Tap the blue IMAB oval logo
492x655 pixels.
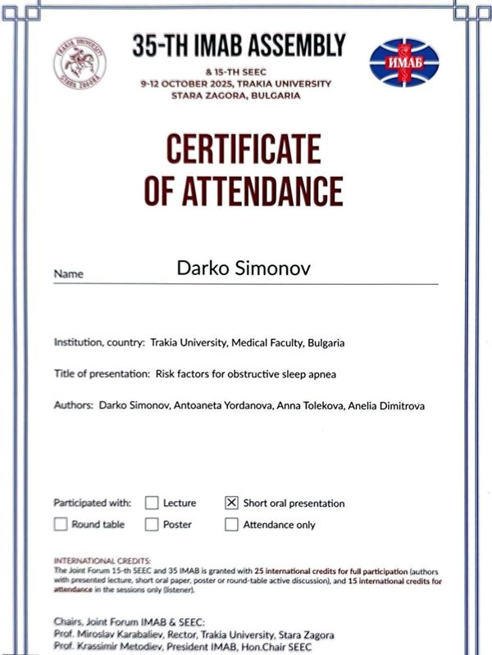click(404, 63)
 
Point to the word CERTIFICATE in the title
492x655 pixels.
click(243, 150)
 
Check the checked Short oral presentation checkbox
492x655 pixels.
click(231, 503)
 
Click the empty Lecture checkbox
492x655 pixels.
click(152, 503)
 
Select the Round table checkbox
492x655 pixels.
click(61, 524)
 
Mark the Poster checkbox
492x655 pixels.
click(152, 524)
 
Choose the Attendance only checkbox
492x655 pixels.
click(231, 524)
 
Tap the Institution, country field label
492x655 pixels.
click(99, 343)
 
